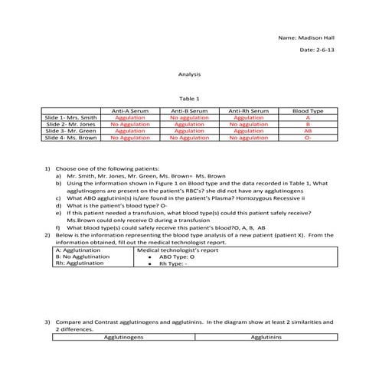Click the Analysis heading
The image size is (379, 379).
click(189, 75)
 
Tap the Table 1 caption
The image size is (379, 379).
click(189, 99)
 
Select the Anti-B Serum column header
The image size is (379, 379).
click(189, 111)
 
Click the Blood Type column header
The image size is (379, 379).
click(307, 111)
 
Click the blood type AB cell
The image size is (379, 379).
click(307, 131)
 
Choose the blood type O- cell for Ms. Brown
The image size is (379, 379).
click(307, 138)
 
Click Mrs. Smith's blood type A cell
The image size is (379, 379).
click(307, 118)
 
